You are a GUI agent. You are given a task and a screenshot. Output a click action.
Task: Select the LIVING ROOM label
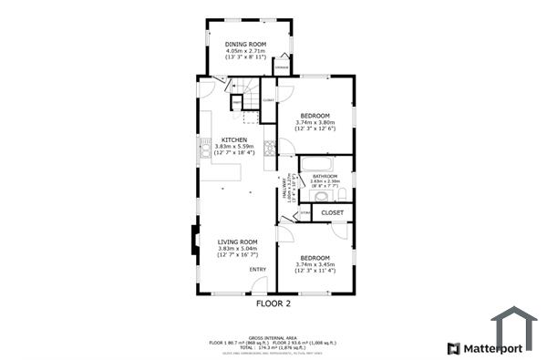tap(237, 242)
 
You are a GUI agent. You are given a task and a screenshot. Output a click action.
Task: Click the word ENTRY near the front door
tap(258, 269)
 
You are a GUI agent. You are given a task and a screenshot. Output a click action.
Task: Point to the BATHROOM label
tap(325, 176)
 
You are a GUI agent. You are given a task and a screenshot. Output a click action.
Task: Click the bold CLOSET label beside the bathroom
tap(333, 212)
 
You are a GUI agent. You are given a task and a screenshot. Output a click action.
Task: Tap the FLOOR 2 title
tap(273, 303)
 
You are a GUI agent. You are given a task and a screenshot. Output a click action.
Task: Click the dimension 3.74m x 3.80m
tap(315, 122)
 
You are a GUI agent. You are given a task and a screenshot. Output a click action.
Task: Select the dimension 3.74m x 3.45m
tap(315, 264)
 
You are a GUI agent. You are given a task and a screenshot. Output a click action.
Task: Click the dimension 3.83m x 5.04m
tap(237, 249)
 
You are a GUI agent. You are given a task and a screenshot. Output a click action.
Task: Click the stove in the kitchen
tap(270, 147)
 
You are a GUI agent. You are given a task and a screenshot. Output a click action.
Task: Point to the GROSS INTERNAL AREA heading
tap(273, 336)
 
